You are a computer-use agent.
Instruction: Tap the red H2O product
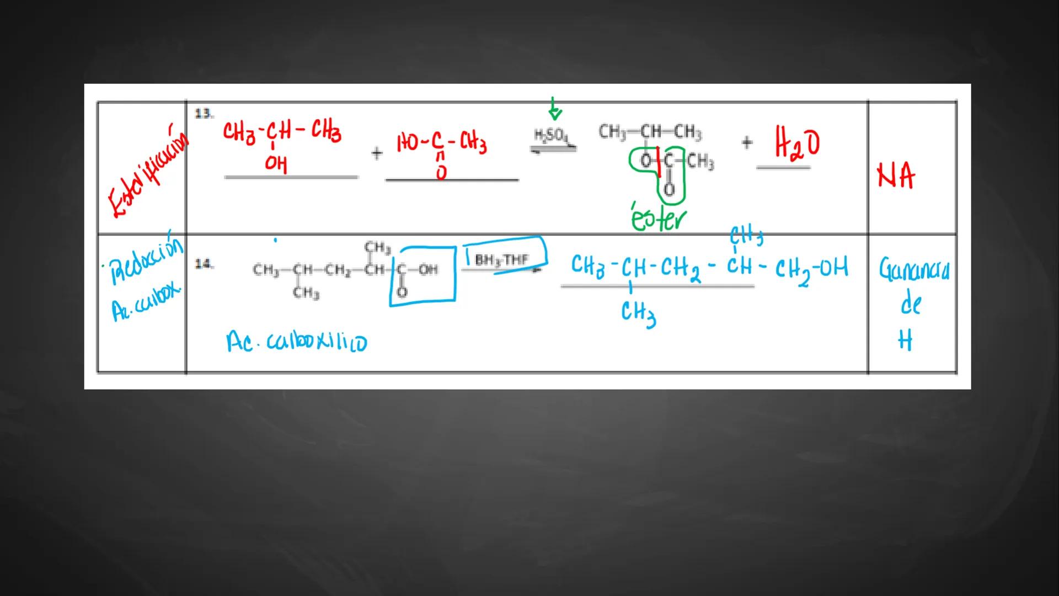coord(797,143)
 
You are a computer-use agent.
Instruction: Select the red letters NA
coord(896,177)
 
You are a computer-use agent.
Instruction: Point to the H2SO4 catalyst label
coord(550,135)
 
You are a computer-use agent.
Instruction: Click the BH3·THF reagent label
coord(501,259)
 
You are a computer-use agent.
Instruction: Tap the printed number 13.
coord(203,114)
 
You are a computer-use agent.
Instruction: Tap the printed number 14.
coord(204,264)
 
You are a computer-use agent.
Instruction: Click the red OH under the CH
coord(276,164)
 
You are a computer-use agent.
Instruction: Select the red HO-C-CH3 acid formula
coord(442,145)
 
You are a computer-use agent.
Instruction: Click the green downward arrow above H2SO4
coord(554,109)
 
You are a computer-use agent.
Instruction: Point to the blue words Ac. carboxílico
coord(296,342)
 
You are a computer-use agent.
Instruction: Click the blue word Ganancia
coord(914,270)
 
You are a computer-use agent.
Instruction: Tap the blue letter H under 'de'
coord(905,340)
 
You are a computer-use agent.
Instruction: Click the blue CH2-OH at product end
coord(811,269)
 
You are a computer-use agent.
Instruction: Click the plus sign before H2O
coord(747,143)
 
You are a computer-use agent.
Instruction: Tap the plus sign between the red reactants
coord(377,153)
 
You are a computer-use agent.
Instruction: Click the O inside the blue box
coord(402,291)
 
